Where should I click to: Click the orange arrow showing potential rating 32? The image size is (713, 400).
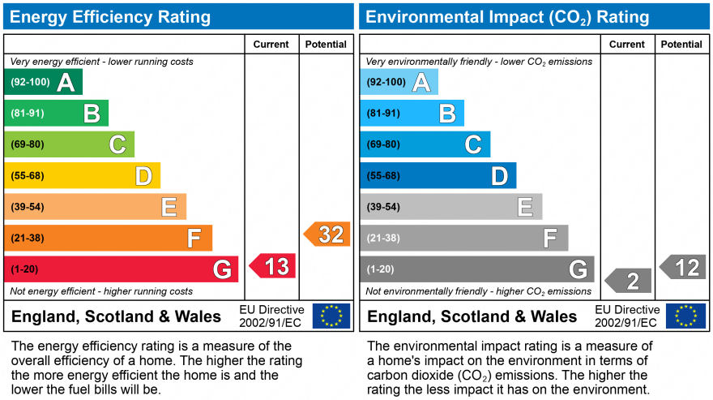(x=327, y=234)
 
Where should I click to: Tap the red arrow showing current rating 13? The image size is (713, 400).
(x=273, y=266)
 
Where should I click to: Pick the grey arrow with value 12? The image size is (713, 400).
(x=683, y=267)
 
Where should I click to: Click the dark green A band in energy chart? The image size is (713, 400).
(x=44, y=82)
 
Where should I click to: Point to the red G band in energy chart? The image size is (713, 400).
(x=122, y=269)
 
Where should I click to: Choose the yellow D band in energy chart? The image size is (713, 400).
(x=83, y=175)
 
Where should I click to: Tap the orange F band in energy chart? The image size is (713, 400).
(x=109, y=238)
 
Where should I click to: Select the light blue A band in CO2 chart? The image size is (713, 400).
(x=399, y=82)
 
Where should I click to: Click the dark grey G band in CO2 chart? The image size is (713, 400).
(x=477, y=269)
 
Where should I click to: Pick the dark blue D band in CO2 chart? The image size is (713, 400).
(x=438, y=175)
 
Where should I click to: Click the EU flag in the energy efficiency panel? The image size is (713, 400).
(x=331, y=316)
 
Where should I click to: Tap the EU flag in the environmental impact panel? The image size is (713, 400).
(x=685, y=316)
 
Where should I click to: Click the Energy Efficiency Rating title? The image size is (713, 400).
(x=110, y=17)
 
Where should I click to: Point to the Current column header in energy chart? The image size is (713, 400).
(x=271, y=45)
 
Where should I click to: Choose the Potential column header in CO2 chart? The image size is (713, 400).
(x=681, y=45)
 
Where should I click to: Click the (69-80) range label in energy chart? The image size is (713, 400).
(x=28, y=144)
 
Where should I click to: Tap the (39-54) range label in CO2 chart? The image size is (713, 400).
(x=383, y=207)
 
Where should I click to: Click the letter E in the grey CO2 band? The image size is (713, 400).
(x=525, y=207)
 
